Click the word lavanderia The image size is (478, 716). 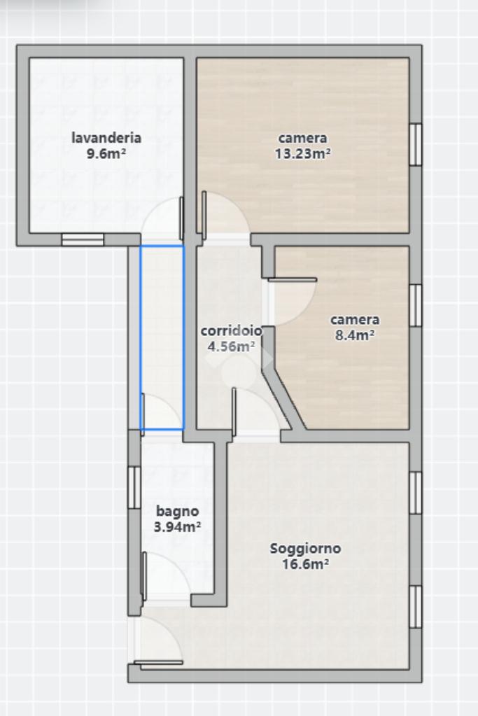coord(106,137)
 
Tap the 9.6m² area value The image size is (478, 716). coord(106,153)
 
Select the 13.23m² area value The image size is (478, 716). coord(303,153)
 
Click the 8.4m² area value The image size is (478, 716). coord(355,335)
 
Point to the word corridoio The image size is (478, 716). coord(232,330)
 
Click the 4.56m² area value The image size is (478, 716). coord(231,346)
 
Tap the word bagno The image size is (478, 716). coord(178,511)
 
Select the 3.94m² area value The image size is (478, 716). coord(178,527)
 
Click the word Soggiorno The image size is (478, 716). coord(305,549)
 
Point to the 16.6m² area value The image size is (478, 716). coord(305,564)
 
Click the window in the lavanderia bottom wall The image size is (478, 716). coord(83,240)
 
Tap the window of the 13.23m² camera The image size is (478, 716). coord(416,144)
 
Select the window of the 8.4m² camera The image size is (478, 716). coord(416,305)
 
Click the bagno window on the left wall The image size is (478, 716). coord(134,487)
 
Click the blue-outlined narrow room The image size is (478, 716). coord(162,338)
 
